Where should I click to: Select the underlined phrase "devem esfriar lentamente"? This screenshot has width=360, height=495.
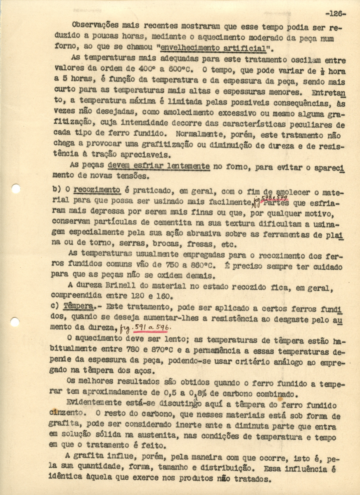tap(159, 167)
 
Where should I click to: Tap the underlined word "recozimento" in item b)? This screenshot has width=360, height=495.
tap(97, 190)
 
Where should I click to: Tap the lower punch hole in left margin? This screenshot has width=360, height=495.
tap(15, 322)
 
